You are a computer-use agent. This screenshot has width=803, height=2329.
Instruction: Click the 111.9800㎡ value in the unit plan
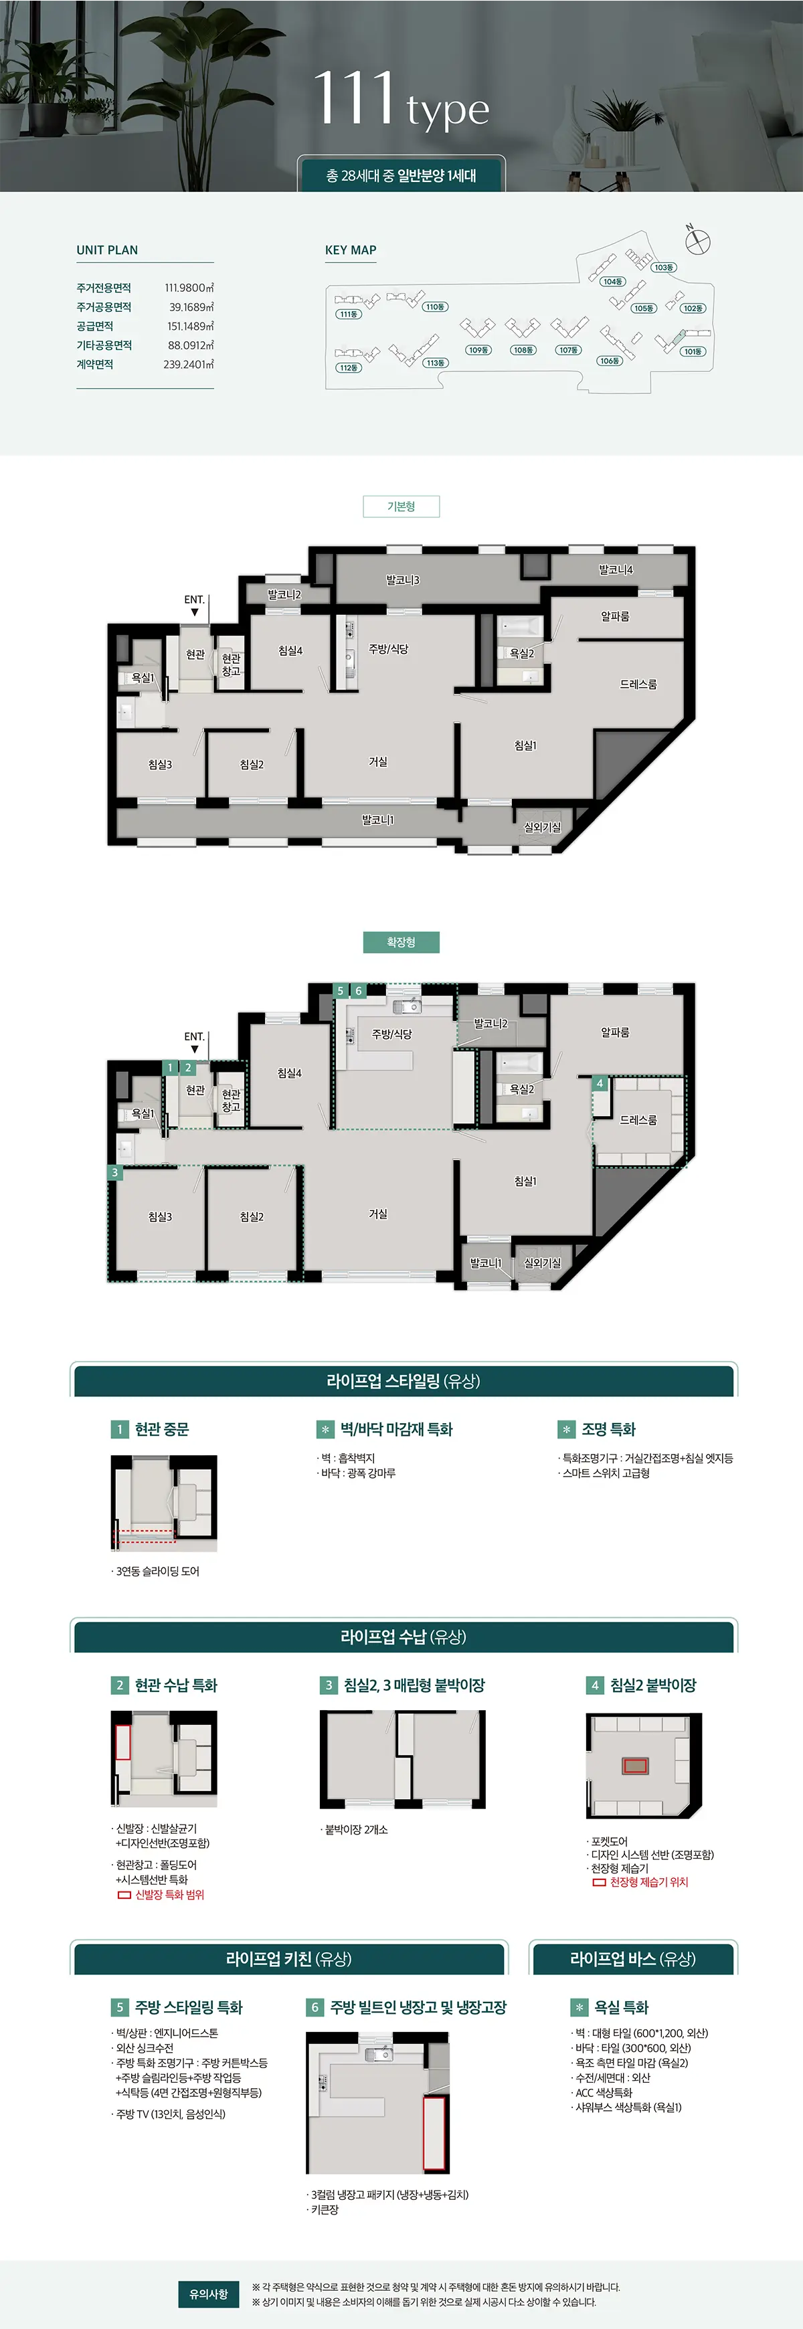pyautogui.click(x=189, y=288)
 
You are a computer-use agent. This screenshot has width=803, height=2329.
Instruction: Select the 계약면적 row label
pyautogui.click(x=95, y=365)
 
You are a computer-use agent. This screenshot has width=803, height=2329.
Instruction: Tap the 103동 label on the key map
pyautogui.click(x=664, y=268)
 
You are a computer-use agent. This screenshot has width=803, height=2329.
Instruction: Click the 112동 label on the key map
pyautogui.click(x=348, y=368)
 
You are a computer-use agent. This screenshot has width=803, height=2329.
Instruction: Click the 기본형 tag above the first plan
pyautogui.click(x=401, y=506)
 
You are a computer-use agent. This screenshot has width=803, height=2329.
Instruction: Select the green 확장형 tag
pyautogui.click(x=401, y=942)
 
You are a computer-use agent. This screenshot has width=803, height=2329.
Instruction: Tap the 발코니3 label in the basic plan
pyautogui.click(x=402, y=579)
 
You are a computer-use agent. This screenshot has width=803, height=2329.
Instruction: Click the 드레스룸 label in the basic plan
pyautogui.click(x=638, y=684)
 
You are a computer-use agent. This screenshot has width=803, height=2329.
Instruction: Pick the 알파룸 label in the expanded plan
pyautogui.click(x=615, y=1032)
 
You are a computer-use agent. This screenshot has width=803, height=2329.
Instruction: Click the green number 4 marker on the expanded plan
pyautogui.click(x=599, y=1083)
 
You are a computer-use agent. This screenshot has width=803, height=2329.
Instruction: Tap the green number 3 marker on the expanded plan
pyautogui.click(x=114, y=1173)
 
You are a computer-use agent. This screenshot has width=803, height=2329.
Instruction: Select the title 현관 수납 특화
pyautogui.click(x=175, y=1685)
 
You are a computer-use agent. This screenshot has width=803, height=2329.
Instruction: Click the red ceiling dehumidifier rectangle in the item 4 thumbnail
pyautogui.click(x=636, y=1766)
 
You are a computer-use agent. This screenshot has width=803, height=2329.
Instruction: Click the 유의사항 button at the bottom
pyautogui.click(x=208, y=2294)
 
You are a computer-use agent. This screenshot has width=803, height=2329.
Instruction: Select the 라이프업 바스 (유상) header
pyautogui.click(x=632, y=1958)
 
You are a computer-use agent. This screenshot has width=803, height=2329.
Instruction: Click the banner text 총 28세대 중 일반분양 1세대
pyautogui.click(x=401, y=175)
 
